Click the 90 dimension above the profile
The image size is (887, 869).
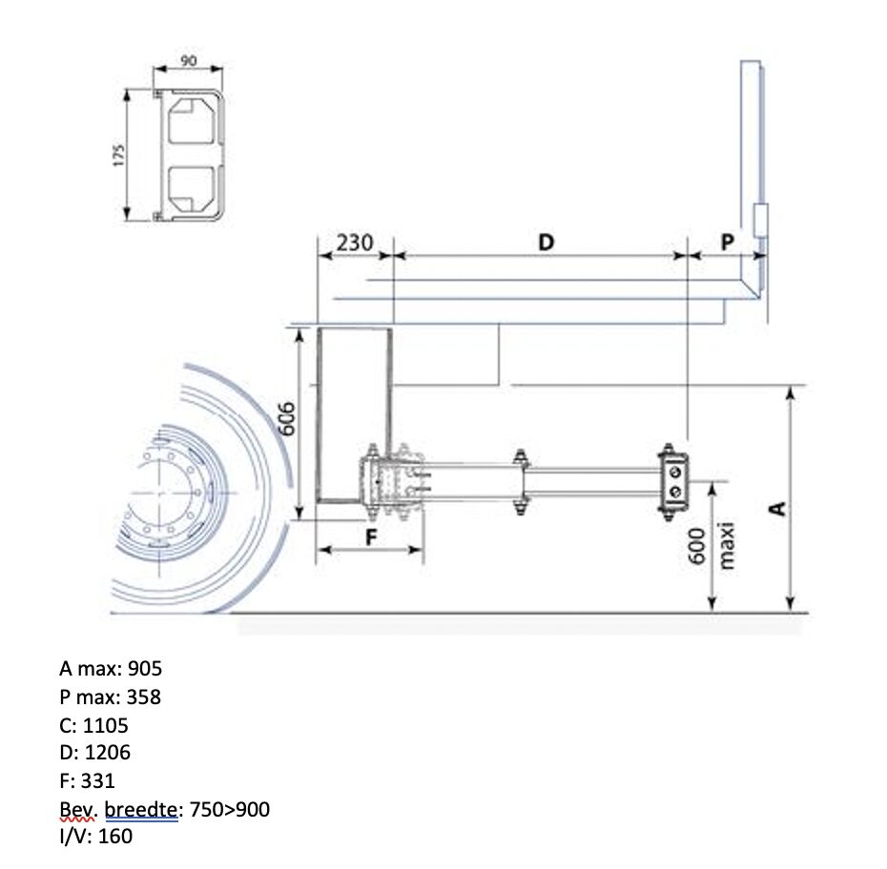[x=189, y=60]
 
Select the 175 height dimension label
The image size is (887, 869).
[x=119, y=155]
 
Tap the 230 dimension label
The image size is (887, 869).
[x=355, y=243]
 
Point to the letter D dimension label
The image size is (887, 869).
[x=546, y=242]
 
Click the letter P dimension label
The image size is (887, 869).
[x=728, y=242]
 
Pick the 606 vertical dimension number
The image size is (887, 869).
[x=287, y=418]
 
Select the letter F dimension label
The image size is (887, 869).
[x=371, y=536]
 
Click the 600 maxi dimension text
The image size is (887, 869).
[x=712, y=545]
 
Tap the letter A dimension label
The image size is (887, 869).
[x=779, y=509]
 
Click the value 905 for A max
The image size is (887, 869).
[x=145, y=668]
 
